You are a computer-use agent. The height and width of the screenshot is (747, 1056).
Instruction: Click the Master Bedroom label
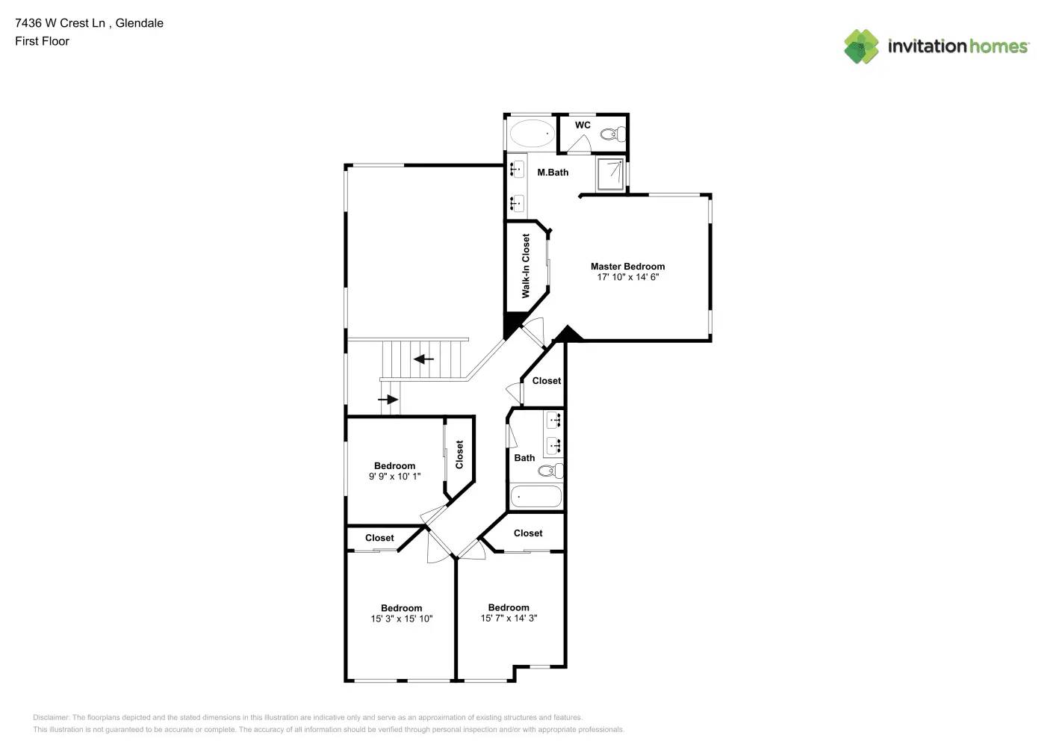click(627, 267)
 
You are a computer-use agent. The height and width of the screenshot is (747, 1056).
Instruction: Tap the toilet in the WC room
click(612, 134)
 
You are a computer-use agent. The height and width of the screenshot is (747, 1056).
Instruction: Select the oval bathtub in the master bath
click(532, 134)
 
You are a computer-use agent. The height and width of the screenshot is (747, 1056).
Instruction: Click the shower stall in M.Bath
click(610, 175)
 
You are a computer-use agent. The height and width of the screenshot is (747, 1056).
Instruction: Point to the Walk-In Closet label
click(526, 266)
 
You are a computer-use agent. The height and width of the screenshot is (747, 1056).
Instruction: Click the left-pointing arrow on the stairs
click(423, 359)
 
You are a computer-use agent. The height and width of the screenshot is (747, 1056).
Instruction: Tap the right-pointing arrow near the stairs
click(388, 400)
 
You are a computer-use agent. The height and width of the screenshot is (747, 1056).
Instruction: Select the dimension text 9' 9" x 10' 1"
click(394, 477)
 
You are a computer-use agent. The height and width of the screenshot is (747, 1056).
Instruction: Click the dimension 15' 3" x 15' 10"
click(401, 619)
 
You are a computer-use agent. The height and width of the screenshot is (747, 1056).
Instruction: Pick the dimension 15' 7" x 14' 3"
click(509, 619)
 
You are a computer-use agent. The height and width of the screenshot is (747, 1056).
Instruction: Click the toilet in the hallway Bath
click(550, 471)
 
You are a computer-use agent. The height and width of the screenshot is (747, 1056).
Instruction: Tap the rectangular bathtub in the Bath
click(536, 497)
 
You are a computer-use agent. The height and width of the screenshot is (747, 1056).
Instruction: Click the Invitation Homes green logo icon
click(861, 46)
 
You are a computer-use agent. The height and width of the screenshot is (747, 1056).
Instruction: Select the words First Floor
click(42, 42)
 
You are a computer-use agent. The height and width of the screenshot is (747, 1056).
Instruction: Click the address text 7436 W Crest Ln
click(60, 23)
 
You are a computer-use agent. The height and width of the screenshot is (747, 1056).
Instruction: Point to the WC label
click(583, 125)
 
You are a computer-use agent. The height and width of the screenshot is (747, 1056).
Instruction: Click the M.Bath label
click(553, 173)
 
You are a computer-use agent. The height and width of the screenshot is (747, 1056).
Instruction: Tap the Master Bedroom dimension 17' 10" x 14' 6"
click(627, 277)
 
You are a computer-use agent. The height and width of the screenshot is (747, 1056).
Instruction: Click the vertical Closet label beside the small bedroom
click(459, 455)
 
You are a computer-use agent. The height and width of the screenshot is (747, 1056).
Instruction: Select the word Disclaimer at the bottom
click(51, 717)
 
